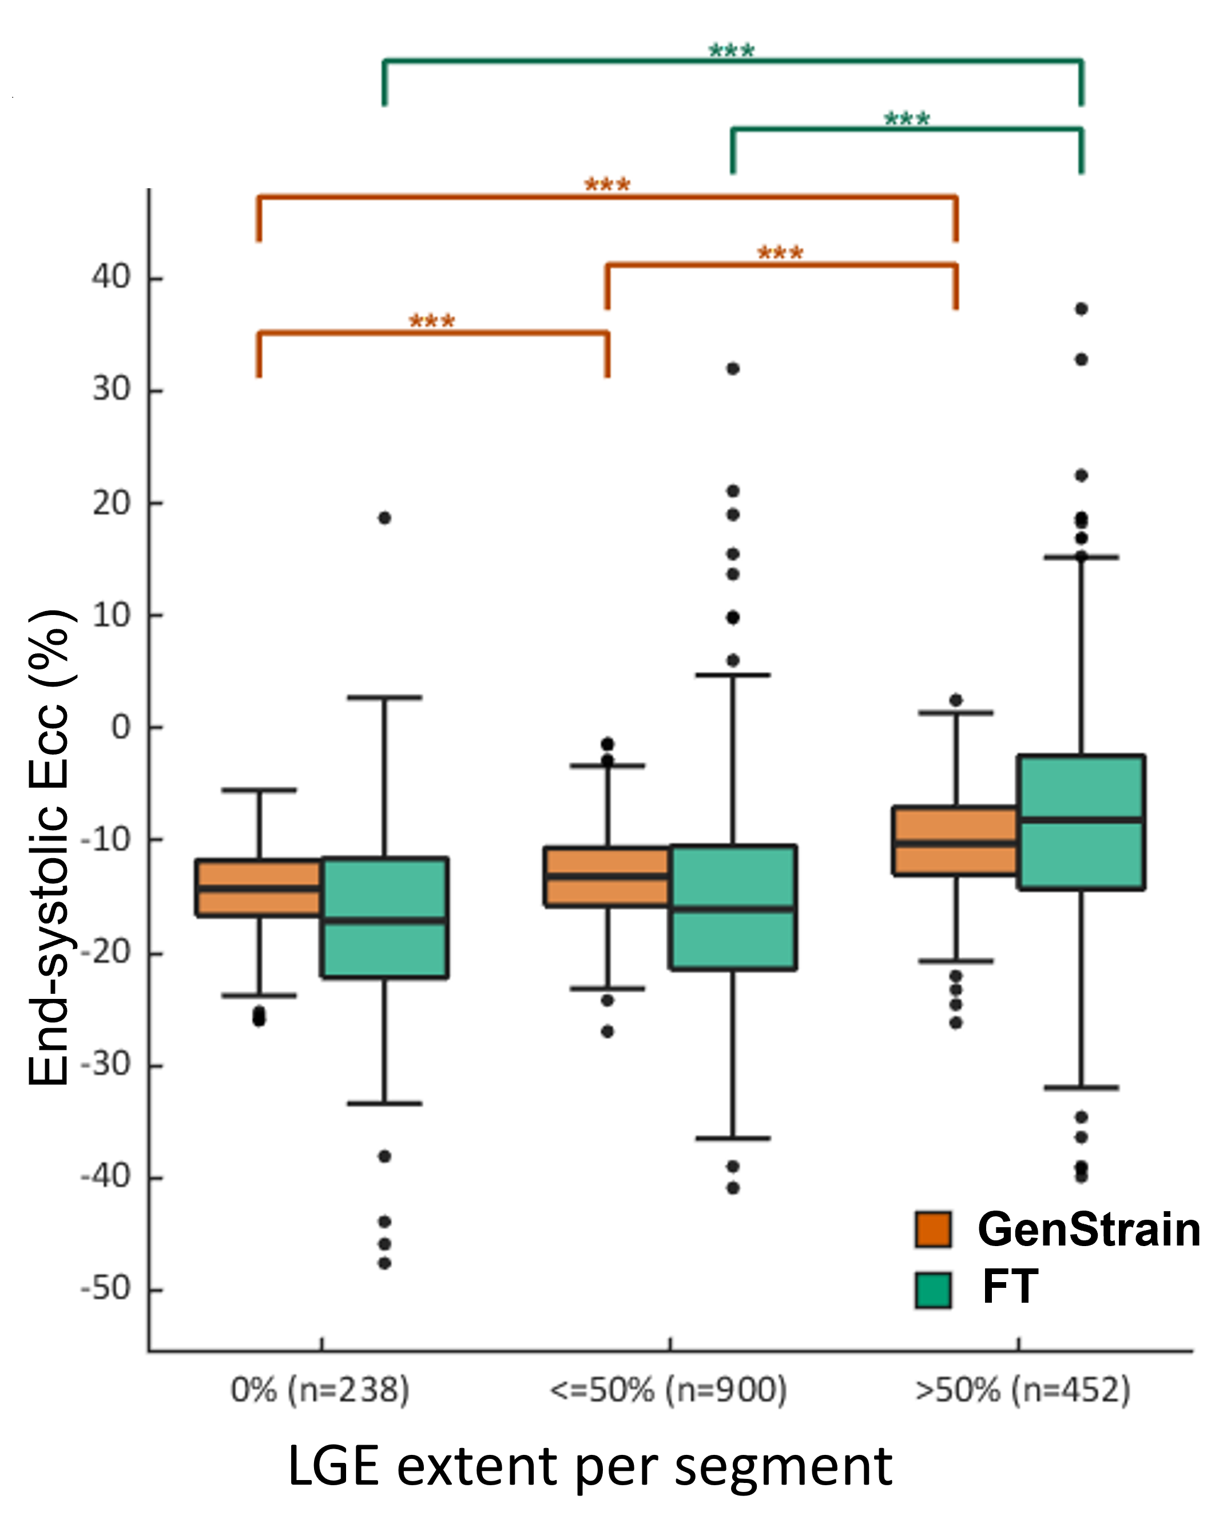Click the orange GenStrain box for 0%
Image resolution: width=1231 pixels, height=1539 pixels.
point(259,887)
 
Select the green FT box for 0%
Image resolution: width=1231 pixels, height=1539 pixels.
point(384,917)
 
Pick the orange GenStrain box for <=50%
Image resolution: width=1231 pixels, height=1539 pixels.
point(606,876)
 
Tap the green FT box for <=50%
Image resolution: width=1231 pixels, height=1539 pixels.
point(733,907)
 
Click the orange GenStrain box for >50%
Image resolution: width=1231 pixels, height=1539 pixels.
point(955,841)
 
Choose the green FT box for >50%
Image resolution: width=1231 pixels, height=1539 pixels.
point(1081,822)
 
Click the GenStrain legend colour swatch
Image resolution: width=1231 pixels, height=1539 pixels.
point(933,1229)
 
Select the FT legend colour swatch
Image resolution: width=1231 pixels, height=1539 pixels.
point(933,1290)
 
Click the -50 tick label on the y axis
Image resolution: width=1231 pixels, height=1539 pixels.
point(106,1289)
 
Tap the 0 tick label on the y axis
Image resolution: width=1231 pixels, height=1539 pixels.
point(121,727)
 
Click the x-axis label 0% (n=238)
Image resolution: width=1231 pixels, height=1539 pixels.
point(320,1390)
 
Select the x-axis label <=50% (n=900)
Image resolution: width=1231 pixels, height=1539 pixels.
point(669,1390)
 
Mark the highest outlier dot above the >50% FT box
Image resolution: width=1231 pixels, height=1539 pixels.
point(1081,309)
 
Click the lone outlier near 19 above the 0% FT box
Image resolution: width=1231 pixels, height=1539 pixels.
point(384,518)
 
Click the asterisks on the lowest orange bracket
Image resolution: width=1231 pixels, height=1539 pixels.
point(432,321)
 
